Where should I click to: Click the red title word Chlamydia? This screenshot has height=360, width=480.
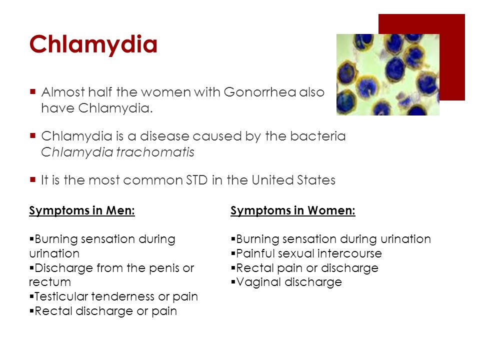tap(93, 44)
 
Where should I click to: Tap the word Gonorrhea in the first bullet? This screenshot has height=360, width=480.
tap(260, 92)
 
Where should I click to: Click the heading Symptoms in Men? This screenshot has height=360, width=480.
tap(82, 210)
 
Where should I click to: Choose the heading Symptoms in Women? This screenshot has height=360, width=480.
tap(293, 210)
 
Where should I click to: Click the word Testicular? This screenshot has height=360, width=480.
tap(61, 296)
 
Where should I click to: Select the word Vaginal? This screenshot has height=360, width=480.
tap(258, 282)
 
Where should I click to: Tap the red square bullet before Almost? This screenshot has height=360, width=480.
tap(33, 91)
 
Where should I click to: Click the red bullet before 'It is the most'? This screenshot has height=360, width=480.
tap(33, 179)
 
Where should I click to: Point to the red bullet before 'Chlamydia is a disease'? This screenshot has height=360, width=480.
tap(33, 135)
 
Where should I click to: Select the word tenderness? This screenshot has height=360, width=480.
tap(123, 296)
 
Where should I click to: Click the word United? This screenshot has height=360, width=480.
tap(272, 180)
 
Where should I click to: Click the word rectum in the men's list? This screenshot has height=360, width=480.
tap(50, 282)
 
